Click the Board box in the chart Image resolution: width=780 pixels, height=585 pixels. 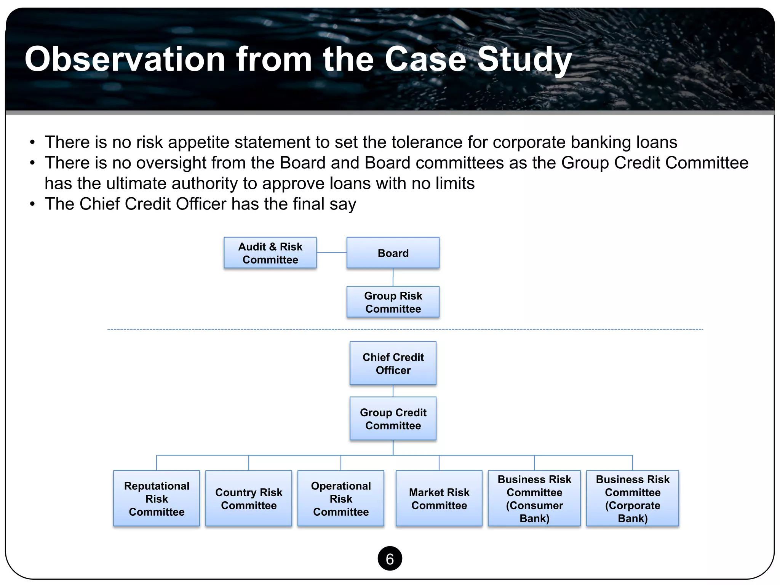(393, 253)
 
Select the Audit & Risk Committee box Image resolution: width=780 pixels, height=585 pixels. (270, 253)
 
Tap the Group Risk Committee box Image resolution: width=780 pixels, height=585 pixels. (393, 302)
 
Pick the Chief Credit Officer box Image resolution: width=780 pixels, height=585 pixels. (393, 363)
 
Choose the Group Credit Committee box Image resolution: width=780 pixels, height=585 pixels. (393, 419)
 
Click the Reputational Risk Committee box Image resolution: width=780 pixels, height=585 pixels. (157, 499)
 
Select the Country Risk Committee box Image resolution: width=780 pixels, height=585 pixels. (249, 499)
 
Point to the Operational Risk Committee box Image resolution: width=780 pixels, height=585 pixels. (341, 499)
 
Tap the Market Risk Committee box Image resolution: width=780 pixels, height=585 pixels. (439, 499)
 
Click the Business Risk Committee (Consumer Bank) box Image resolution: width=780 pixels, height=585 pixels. (534, 499)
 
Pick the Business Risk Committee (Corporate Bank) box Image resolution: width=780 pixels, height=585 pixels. (633, 499)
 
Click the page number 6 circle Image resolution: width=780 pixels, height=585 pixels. (390, 559)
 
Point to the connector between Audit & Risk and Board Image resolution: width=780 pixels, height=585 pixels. (331, 253)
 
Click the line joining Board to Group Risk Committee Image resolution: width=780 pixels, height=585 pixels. (393, 277)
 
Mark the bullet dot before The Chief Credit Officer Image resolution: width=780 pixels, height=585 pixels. (33, 204)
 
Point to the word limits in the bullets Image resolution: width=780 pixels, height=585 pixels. (456, 184)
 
